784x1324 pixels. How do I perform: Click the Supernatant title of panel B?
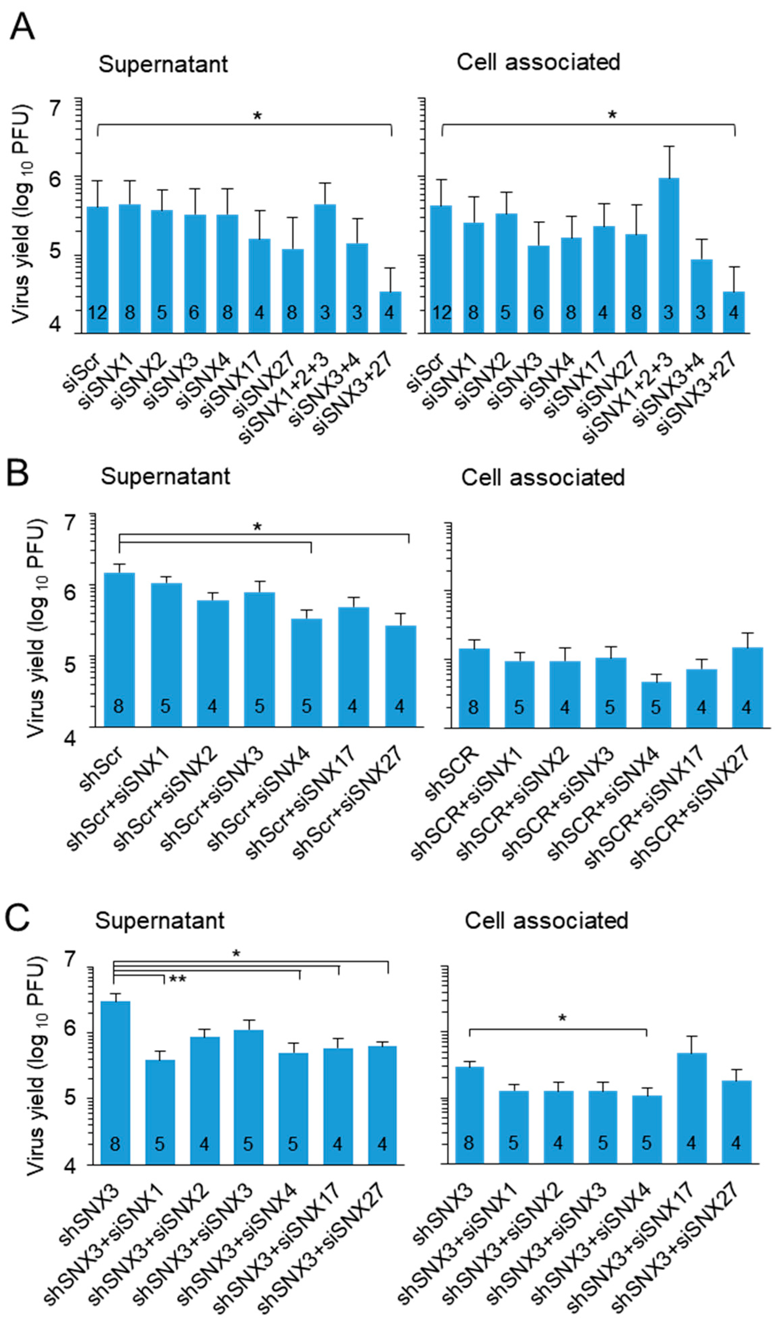tap(165, 477)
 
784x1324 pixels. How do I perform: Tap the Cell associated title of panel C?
tap(546, 921)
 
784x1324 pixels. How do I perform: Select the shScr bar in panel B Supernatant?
tap(119, 650)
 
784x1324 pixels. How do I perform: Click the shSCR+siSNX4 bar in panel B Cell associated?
tap(656, 704)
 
